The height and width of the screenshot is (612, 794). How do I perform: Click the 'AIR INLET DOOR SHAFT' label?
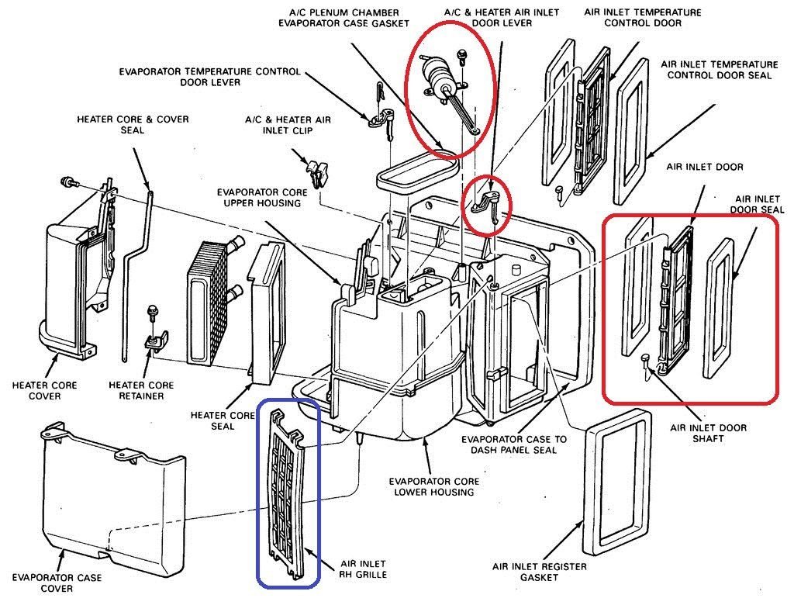point(708,433)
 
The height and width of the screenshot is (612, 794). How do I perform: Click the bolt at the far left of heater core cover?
point(66,182)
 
